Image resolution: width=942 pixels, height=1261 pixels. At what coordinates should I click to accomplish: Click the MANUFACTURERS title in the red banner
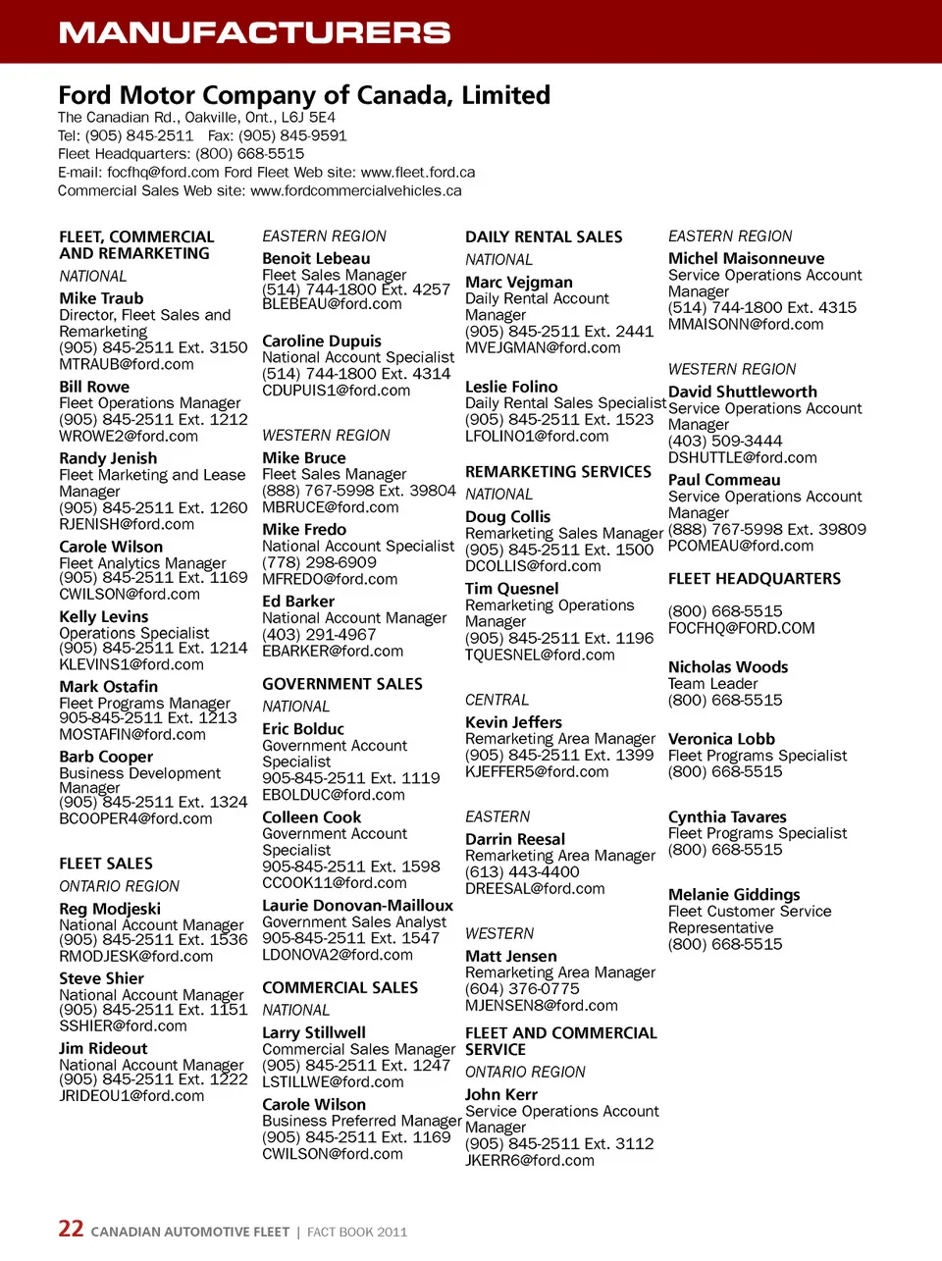tap(254, 32)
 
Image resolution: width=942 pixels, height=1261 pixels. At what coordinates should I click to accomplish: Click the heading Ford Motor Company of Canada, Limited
tap(304, 95)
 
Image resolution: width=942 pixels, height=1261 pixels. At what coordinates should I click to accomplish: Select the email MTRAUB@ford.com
tap(127, 364)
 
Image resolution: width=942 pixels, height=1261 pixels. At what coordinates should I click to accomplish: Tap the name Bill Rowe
tap(94, 387)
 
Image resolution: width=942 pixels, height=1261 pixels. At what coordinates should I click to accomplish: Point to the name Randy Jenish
tap(108, 458)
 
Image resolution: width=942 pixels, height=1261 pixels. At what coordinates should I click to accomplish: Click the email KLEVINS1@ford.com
tap(131, 664)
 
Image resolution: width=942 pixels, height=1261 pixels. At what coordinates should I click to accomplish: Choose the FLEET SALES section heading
tap(106, 864)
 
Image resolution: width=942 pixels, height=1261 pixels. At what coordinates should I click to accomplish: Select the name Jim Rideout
tap(103, 1048)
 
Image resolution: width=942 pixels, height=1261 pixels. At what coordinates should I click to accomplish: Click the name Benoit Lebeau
tap(316, 259)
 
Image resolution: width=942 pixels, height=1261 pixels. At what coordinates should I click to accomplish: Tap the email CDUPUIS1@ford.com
tap(337, 391)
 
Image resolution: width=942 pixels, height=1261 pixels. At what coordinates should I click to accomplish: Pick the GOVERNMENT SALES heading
tap(342, 684)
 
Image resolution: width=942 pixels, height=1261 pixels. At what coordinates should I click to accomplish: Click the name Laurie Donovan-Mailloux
tap(357, 906)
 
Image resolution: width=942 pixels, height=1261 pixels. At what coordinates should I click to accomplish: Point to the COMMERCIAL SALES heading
tap(340, 988)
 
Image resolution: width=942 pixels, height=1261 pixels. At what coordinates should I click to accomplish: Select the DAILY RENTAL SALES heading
tap(544, 236)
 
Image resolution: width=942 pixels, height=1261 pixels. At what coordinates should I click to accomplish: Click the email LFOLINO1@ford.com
tap(537, 436)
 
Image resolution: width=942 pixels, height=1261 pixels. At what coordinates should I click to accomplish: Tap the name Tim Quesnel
tap(512, 589)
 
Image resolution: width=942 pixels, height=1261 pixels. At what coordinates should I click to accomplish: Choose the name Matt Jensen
tap(511, 956)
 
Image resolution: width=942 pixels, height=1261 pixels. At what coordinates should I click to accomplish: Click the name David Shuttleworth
tap(743, 392)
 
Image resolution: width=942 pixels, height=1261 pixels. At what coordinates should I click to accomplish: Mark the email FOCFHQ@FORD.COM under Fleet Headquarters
tap(742, 628)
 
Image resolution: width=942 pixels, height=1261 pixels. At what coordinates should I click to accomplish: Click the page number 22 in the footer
tap(71, 1229)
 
